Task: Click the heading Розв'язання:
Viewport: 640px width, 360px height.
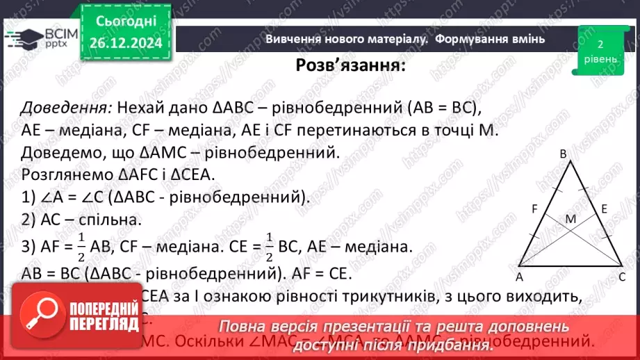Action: pos(351,66)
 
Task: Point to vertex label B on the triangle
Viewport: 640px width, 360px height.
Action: pos(564,154)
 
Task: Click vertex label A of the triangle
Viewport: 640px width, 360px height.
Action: pos(519,276)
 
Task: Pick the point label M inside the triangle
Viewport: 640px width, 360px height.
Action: pos(571,220)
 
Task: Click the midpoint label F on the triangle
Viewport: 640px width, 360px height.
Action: pos(535,207)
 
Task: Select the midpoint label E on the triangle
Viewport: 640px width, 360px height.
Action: pos(605,208)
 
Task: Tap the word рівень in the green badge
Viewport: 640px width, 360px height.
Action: pos(600,59)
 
